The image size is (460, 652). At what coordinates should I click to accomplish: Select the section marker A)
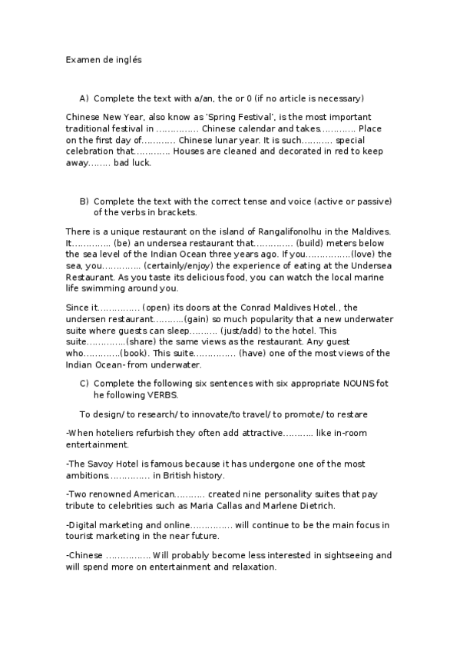(x=84, y=98)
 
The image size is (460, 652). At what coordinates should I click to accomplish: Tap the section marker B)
(x=84, y=201)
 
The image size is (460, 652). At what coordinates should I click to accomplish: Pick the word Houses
(x=192, y=151)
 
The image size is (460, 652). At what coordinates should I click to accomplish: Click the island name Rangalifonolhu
(x=285, y=232)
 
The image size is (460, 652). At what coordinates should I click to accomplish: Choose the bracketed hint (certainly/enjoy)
(x=183, y=265)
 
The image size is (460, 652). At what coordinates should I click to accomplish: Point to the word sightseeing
(x=344, y=555)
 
